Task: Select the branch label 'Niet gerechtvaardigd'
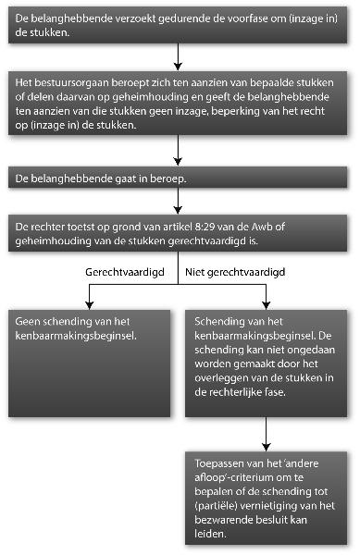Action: coord(233,275)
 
